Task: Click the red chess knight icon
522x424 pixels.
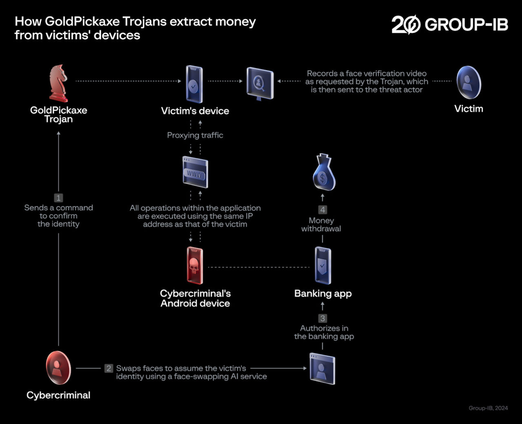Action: point(58,83)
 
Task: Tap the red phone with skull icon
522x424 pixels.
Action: point(195,265)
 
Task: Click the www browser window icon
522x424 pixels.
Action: point(195,172)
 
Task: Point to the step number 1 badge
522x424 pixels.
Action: point(58,198)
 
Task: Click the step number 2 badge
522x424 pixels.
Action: point(108,368)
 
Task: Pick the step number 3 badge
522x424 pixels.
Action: point(323,318)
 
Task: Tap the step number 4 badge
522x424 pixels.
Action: point(323,210)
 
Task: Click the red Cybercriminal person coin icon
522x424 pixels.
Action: point(58,368)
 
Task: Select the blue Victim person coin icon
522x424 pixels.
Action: point(469,82)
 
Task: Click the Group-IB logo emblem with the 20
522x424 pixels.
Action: point(406,24)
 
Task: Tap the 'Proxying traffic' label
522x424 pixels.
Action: point(195,135)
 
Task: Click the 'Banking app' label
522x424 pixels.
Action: point(323,294)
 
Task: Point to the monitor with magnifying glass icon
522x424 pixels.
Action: point(260,84)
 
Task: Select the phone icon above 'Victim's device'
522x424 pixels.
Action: point(194,84)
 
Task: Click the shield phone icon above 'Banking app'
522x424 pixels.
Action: point(323,265)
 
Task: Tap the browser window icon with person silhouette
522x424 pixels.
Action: point(322,369)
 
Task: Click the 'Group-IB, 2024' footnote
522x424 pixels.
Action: point(488,408)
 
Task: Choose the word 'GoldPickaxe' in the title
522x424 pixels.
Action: point(82,22)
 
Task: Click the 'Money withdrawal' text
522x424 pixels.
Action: point(321,224)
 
